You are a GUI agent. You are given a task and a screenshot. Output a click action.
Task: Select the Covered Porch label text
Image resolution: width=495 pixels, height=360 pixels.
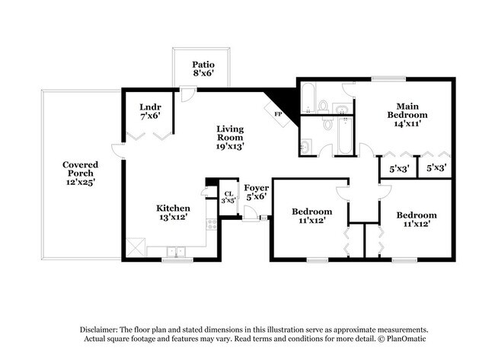[80, 173]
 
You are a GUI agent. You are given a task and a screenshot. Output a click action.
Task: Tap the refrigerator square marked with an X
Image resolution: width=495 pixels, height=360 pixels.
[135, 247]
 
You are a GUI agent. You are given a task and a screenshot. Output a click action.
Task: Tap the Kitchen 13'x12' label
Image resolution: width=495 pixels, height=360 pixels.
[173, 212]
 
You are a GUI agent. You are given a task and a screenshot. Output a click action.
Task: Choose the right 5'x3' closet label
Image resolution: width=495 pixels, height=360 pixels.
[436, 167]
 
